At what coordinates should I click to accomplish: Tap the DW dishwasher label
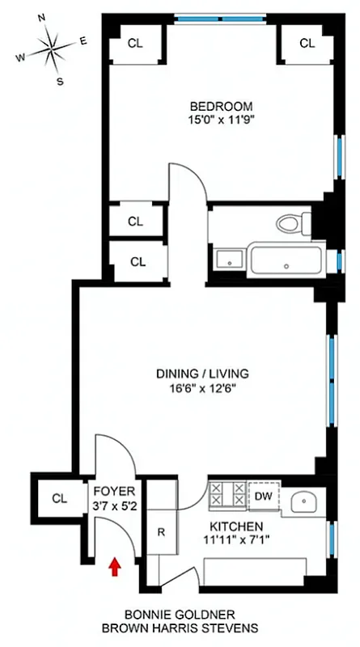click(x=264, y=495)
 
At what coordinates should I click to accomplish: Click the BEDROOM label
click(x=221, y=106)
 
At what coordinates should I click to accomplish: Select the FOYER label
click(x=108, y=492)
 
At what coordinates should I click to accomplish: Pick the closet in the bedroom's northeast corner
click(x=307, y=44)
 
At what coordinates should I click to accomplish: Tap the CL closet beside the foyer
click(x=57, y=497)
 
